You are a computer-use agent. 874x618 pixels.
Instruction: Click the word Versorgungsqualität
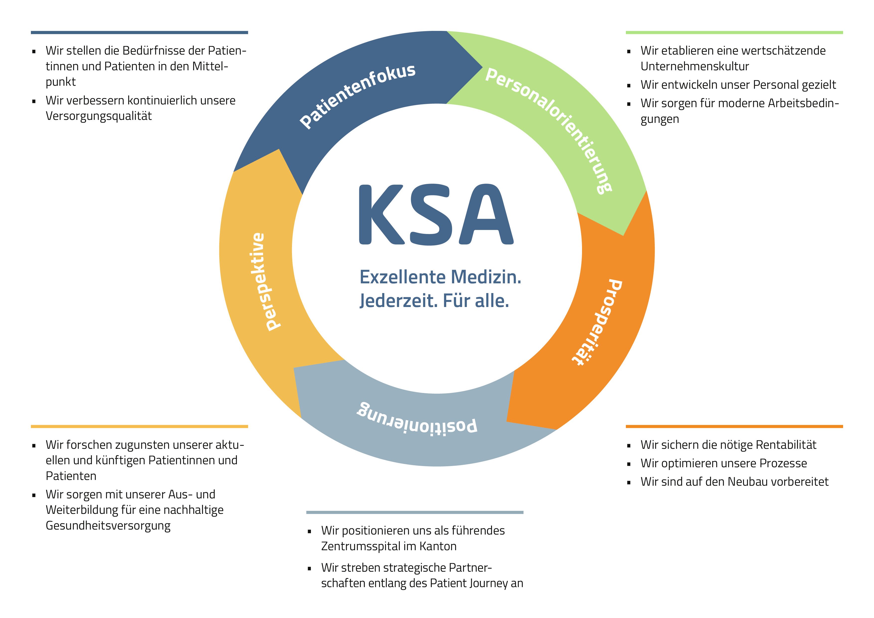pyautogui.click(x=99, y=116)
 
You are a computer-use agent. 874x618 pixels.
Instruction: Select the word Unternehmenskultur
pyautogui.click(x=694, y=66)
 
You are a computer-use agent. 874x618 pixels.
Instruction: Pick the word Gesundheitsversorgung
pyautogui.click(x=108, y=526)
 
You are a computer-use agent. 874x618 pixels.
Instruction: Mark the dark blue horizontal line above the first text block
pyautogui.click(x=139, y=33)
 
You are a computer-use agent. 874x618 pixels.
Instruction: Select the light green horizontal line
pyautogui.click(x=734, y=33)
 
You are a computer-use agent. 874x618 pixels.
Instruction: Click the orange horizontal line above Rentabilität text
pyautogui.click(x=734, y=426)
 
